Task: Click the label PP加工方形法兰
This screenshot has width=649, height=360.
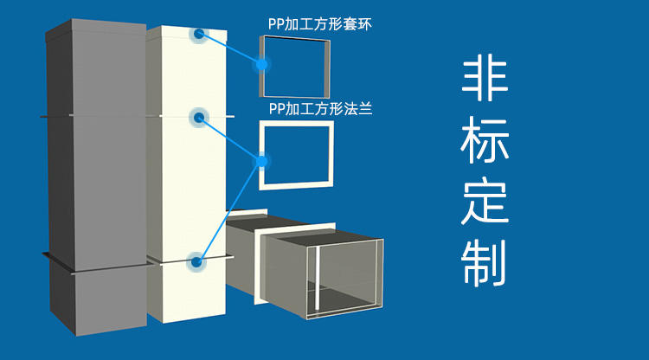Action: (x=320, y=109)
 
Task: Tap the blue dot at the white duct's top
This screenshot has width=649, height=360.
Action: (x=199, y=35)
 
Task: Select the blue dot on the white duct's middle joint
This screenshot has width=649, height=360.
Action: (x=199, y=117)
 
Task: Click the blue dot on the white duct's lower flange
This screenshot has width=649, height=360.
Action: (x=196, y=260)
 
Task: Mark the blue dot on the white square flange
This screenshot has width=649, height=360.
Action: (x=260, y=160)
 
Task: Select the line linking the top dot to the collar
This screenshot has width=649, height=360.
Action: (x=229, y=48)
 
